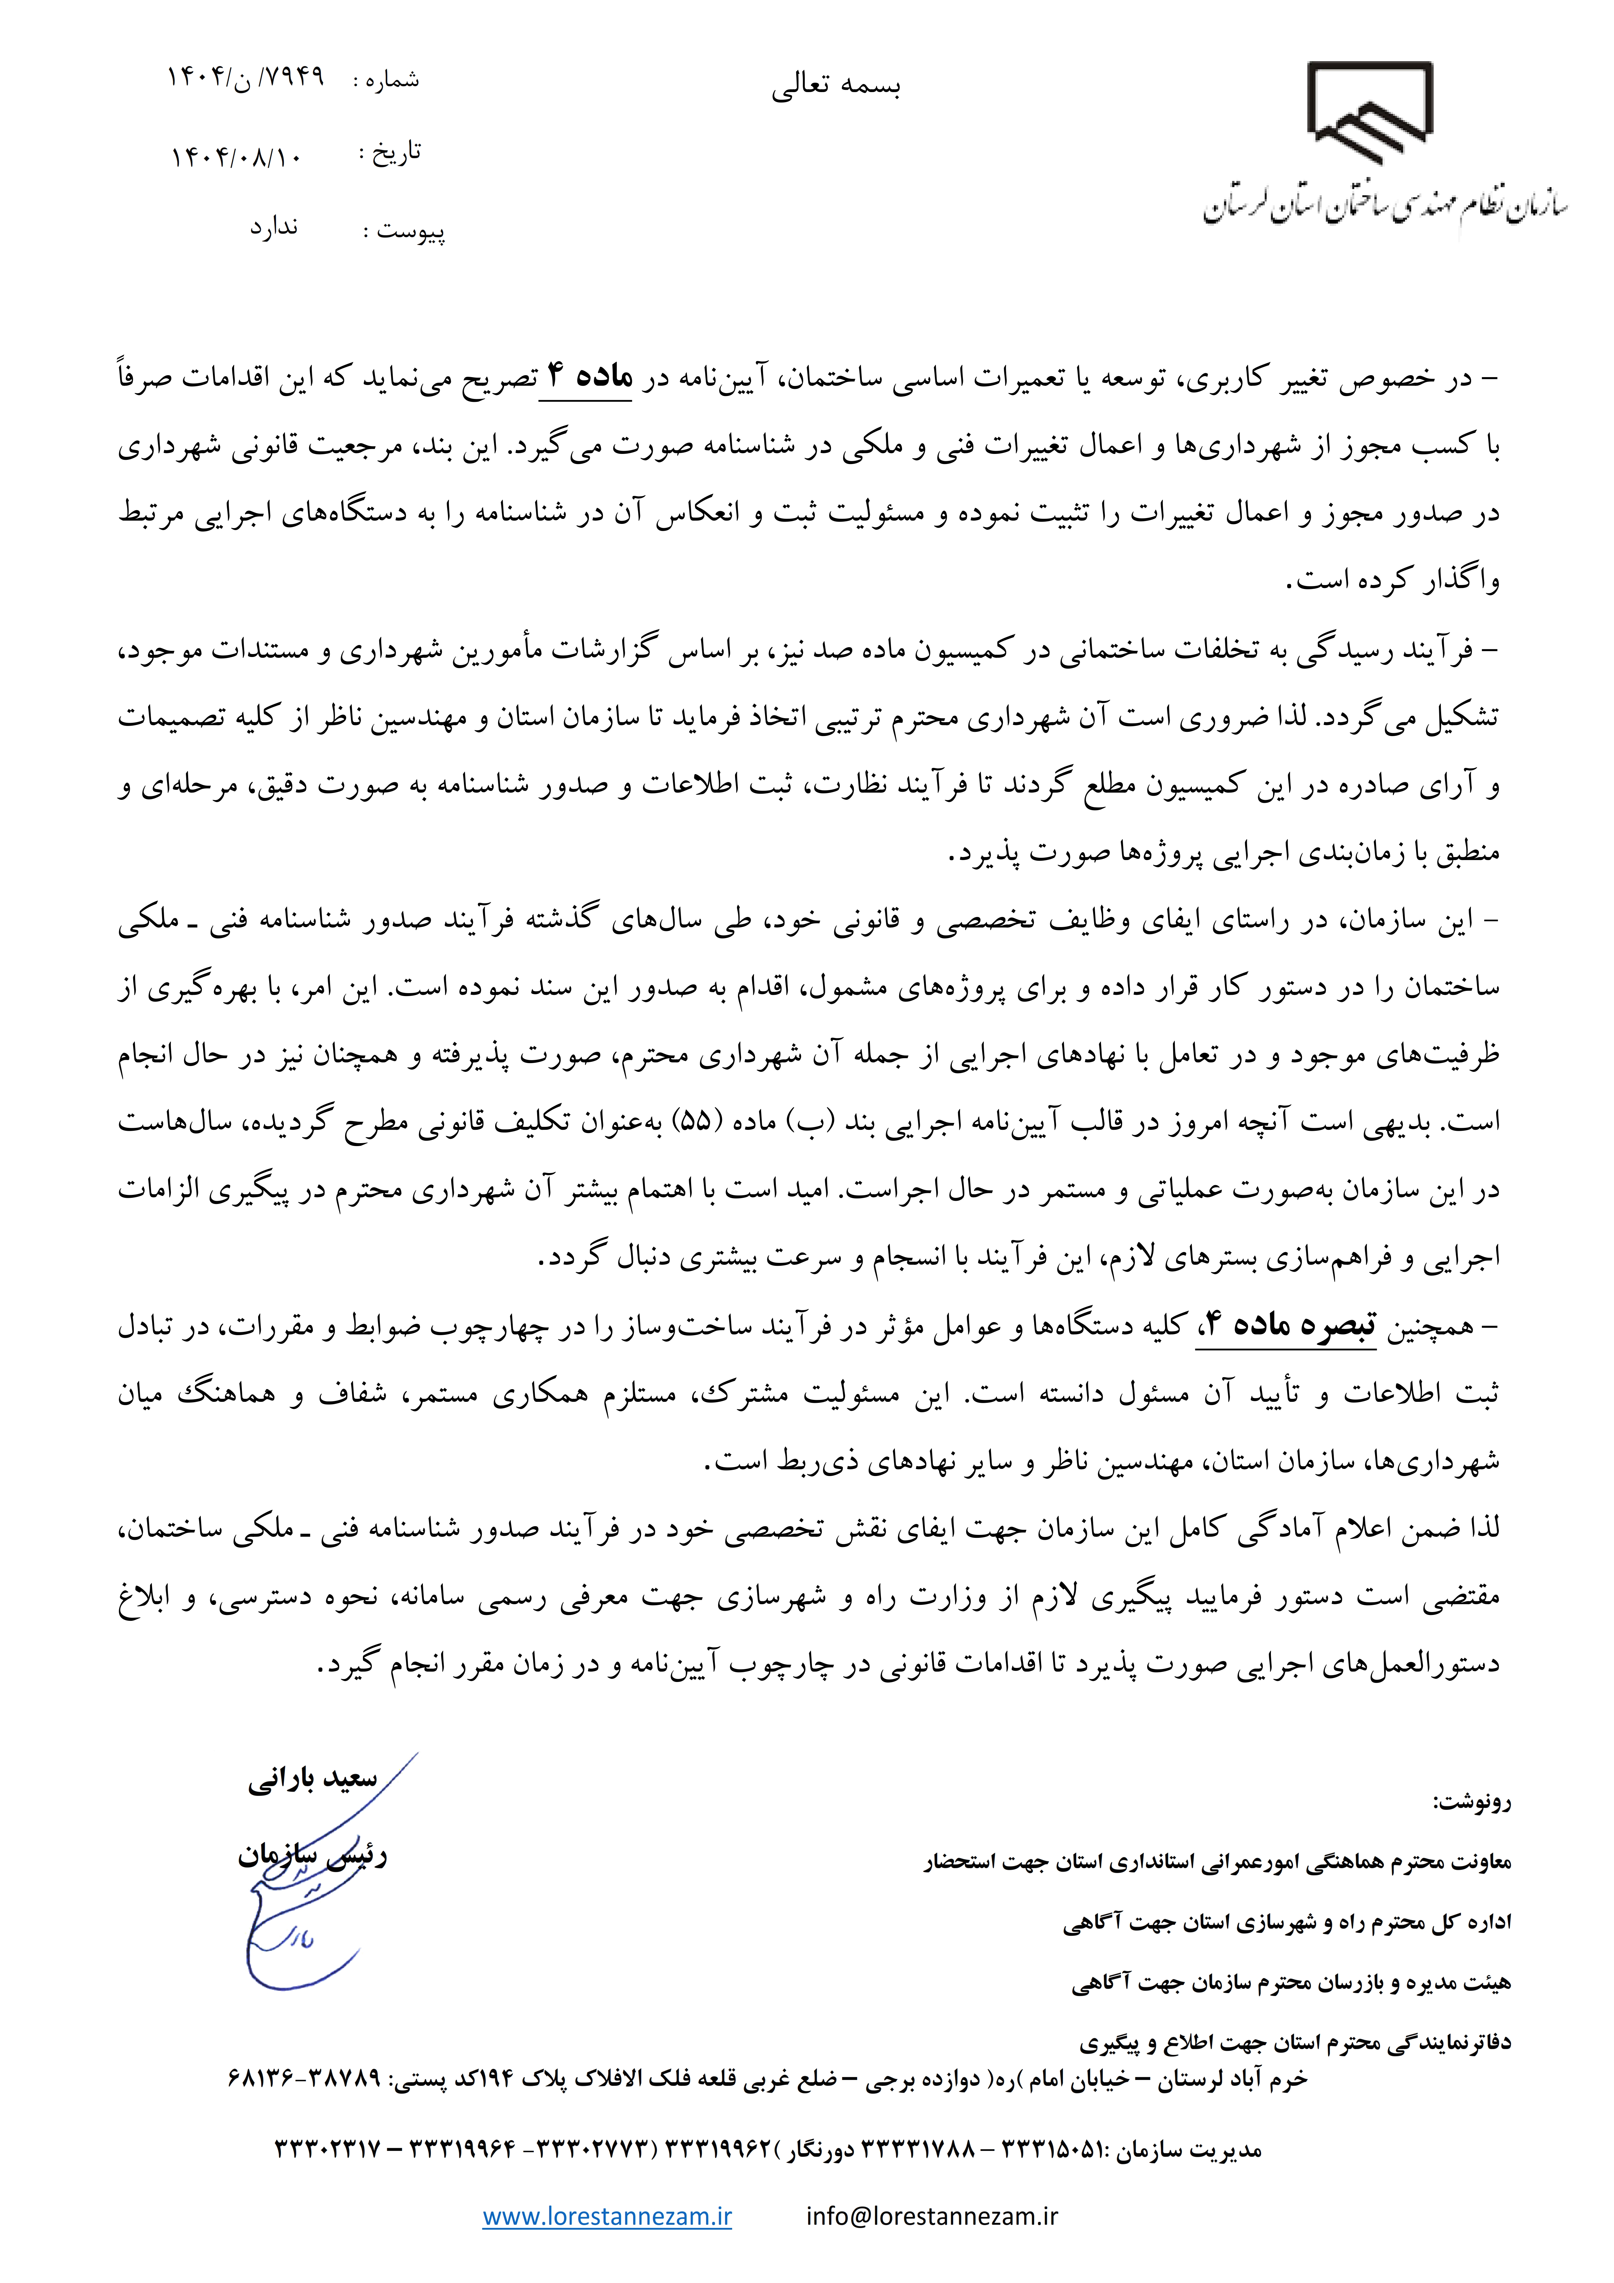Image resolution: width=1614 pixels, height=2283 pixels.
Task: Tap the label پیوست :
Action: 403,232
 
